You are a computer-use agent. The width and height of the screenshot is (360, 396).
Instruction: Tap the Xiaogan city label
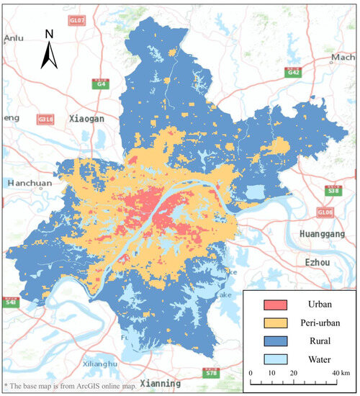pyautogui.click(x=89, y=117)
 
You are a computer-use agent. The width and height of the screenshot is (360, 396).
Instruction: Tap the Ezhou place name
pyautogui.click(x=318, y=262)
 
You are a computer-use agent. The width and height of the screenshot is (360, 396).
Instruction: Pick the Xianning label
pyautogui.click(x=163, y=383)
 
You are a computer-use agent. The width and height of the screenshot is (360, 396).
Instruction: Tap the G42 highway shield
pyautogui.click(x=293, y=73)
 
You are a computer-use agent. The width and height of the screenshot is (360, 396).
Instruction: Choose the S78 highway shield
pyautogui.click(x=211, y=373)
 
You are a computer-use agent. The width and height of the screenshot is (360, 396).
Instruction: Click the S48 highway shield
pyautogui.click(x=11, y=302)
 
